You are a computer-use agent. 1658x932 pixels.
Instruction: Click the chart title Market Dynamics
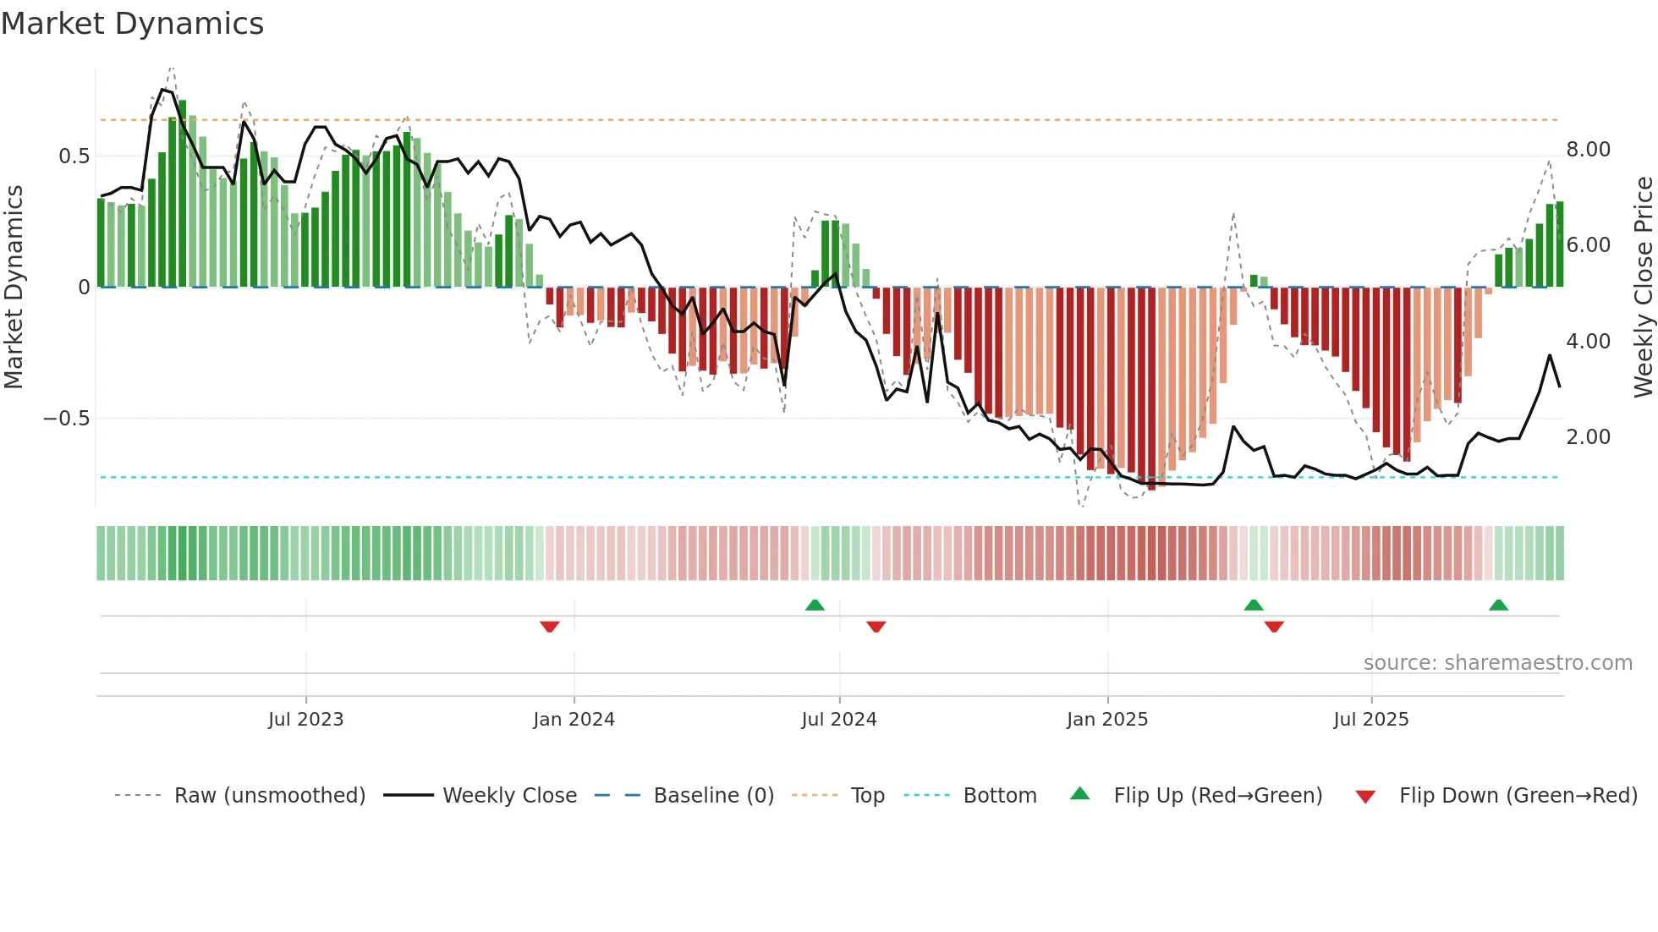133,24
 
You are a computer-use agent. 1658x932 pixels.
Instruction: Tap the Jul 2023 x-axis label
305,720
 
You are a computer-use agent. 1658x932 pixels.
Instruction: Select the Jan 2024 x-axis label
574,720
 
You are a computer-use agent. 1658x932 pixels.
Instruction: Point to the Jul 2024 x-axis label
839,720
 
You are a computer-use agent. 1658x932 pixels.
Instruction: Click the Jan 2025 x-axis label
1107,720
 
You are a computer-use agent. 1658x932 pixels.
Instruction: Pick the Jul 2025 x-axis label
1371,720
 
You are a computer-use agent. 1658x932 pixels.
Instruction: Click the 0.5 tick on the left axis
74,156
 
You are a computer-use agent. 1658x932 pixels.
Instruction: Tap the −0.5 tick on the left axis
67,419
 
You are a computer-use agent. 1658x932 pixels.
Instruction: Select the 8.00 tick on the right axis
1589,150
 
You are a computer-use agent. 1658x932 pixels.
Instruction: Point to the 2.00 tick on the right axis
1589,437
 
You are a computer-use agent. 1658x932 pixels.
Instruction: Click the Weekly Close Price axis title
1644,287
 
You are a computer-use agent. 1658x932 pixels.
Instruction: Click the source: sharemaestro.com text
1497,663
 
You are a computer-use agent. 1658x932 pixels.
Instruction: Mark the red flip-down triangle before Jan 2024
550,627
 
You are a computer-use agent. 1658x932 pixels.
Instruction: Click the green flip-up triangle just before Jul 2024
815,605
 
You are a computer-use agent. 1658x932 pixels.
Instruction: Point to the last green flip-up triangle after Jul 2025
1498,605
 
